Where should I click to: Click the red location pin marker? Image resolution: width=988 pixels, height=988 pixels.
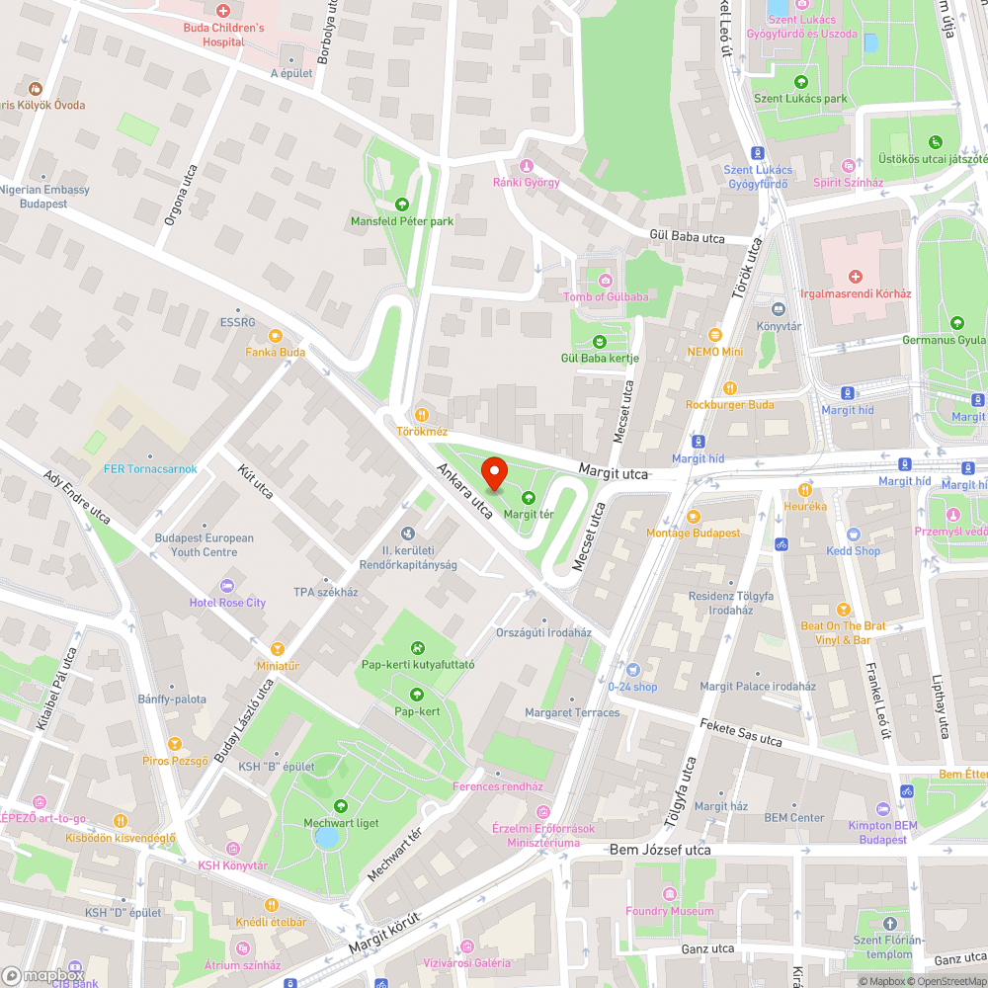pos(491,475)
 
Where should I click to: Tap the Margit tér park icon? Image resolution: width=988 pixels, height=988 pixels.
pos(528,497)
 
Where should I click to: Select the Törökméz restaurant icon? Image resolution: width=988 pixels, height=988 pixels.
pos(422,415)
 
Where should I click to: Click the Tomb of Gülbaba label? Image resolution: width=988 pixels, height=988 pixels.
pos(606,296)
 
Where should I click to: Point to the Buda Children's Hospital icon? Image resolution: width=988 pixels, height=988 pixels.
pos(224,11)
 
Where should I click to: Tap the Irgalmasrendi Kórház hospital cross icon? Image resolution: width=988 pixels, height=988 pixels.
pos(856,277)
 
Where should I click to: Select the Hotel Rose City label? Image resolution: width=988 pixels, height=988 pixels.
pos(228,603)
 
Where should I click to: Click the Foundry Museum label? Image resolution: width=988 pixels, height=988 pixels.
pos(669,910)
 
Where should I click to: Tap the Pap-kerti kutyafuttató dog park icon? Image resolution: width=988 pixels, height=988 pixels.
pos(418,648)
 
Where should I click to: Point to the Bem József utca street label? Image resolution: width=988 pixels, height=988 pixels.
pos(660,850)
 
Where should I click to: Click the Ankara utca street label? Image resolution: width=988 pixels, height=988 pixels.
pos(465,491)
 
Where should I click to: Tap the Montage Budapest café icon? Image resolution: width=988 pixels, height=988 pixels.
pos(693,516)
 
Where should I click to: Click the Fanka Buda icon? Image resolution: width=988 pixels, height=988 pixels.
pos(276,335)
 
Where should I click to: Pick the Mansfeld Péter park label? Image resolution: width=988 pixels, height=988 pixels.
pos(402,221)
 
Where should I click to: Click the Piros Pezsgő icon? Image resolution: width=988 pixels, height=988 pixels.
pos(175,743)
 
